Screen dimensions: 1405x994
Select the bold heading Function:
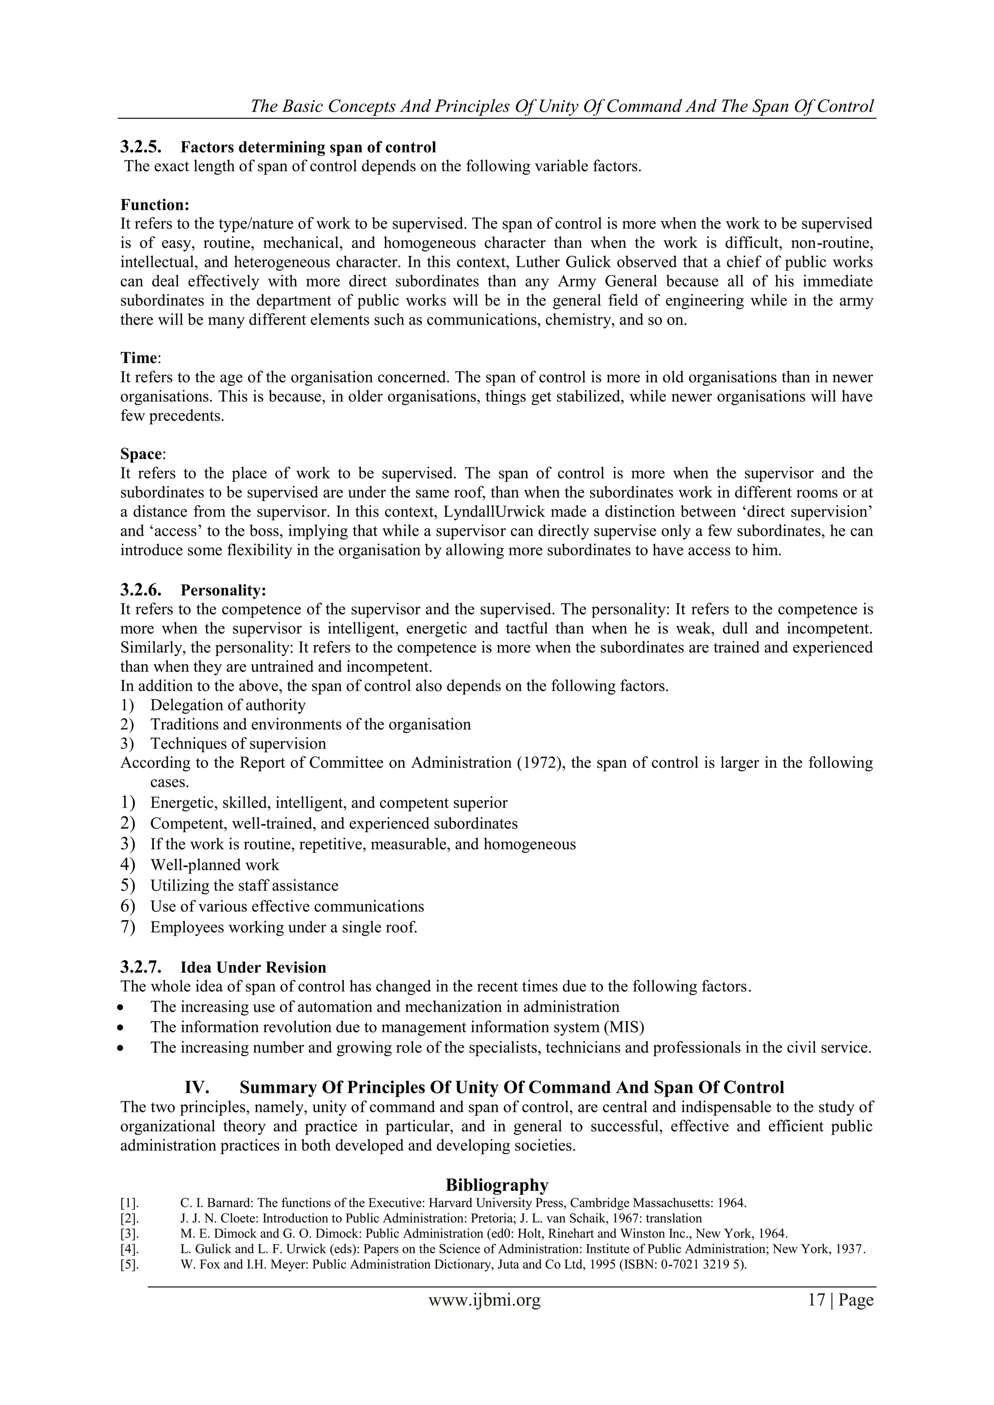tap(155, 204)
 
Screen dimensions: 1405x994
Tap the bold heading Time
tap(139, 358)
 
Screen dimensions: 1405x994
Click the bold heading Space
tap(141, 454)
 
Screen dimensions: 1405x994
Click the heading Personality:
tap(223, 591)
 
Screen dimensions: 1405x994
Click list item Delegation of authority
tap(228, 705)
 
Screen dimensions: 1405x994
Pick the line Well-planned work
tap(214, 865)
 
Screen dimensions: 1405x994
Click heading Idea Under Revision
tap(253, 967)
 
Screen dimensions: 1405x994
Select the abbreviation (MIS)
tap(624, 1027)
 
